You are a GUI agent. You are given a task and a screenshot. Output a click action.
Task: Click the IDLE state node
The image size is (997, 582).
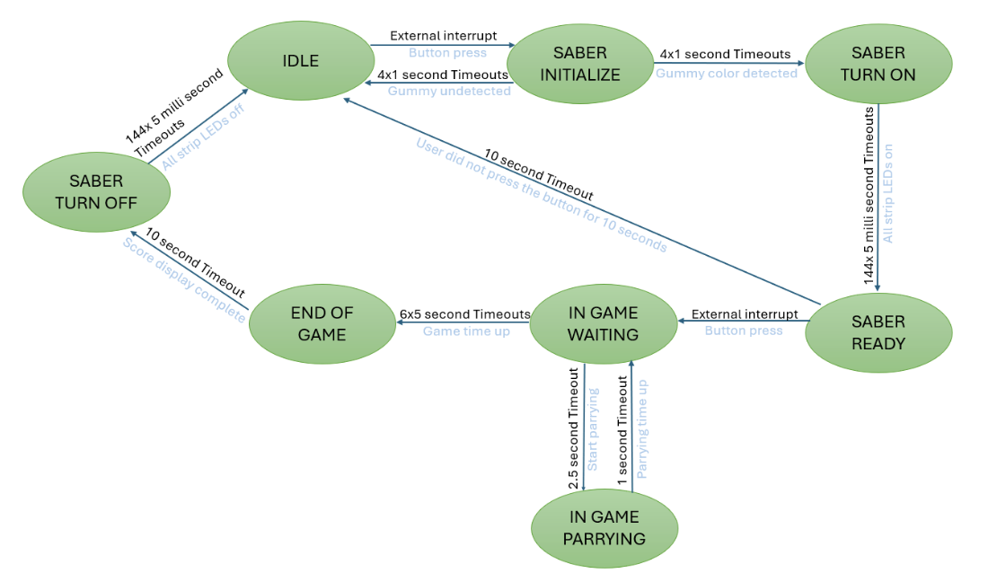300,61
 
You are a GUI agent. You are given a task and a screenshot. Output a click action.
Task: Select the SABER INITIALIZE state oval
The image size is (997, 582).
579,65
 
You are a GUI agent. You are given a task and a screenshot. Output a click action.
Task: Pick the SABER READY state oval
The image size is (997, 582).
878,332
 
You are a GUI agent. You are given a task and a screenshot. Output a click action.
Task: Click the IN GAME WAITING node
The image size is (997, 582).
603,324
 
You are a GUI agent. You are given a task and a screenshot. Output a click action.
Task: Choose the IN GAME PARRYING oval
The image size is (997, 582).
604,528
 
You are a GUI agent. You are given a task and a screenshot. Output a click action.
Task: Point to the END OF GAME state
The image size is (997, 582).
322,324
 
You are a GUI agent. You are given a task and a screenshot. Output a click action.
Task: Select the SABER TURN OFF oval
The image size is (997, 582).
96,193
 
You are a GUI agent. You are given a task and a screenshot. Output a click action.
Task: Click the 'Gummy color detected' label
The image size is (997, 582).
726,74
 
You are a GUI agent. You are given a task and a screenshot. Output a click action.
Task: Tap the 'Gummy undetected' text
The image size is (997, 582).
449,92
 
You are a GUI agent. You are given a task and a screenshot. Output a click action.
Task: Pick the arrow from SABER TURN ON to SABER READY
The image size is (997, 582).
878,198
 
